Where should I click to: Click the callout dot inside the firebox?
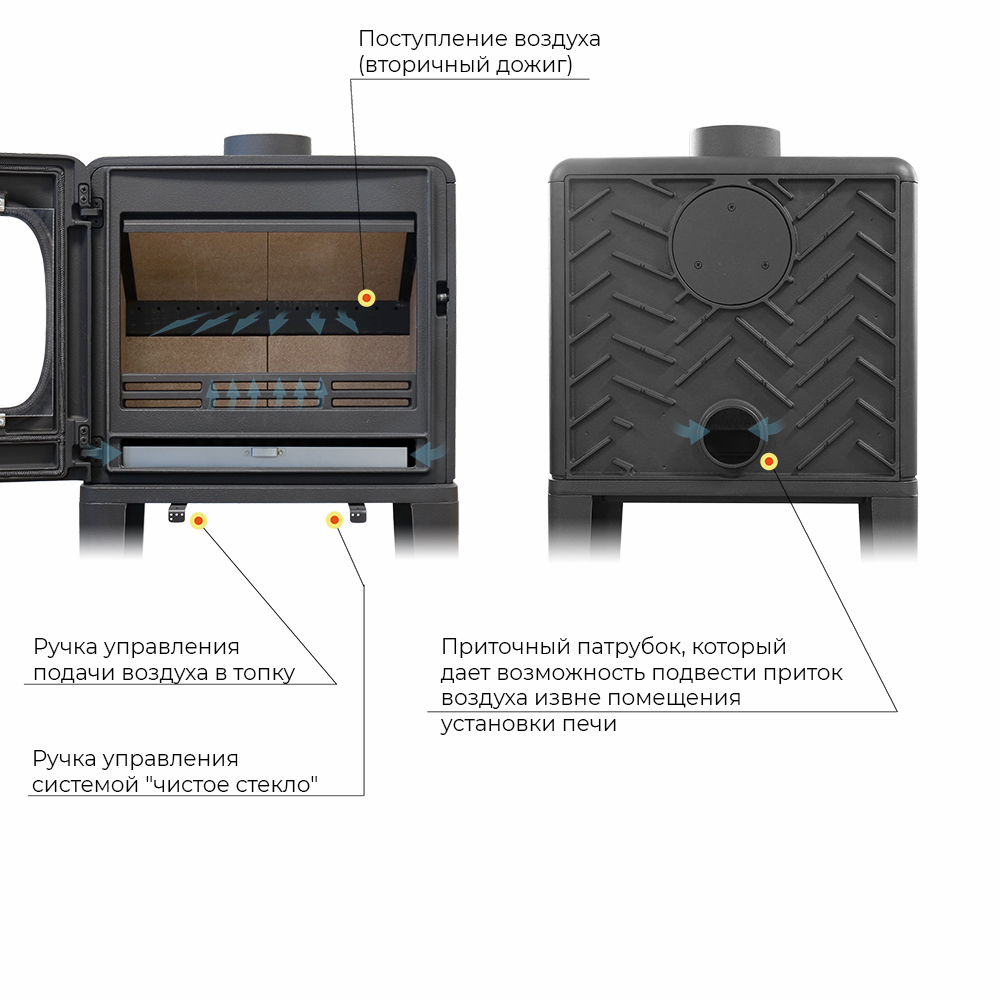(x=366, y=298)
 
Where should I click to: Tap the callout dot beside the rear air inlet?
(x=769, y=461)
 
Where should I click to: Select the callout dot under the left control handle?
(x=198, y=521)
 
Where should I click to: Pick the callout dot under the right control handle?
(x=334, y=520)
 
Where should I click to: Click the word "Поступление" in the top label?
(x=433, y=40)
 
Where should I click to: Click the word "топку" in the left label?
(x=264, y=673)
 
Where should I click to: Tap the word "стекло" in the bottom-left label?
(x=275, y=784)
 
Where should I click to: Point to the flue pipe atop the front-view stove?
(x=267, y=145)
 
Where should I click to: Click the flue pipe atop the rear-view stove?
(x=735, y=142)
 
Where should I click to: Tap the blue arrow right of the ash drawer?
(x=428, y=453)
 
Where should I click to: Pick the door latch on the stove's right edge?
(x=442, y=298)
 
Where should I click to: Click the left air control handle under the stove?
(x=177, y=512)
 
